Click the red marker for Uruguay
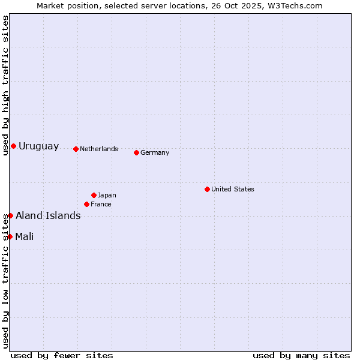(x=13, y=146)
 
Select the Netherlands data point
(x=76, y=149)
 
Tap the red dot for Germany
(x=136, y=152)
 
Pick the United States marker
(x=207, y=189)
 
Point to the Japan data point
(x=94, y=195)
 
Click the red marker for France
(x=86, y=204)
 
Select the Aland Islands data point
(x=10, y=215)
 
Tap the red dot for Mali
(x=10, y=236)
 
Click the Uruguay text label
(x=39, y=146)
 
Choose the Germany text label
(x=155, y=152)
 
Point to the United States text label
(x=233, y=189)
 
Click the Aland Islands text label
(x=48, y=216)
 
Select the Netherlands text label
(x=99, y=149)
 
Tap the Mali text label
(x=25, y=236)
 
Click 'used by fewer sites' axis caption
(x=62, y=355)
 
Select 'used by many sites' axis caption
(x=301, y=355)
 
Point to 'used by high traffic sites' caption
(x=5, y=85)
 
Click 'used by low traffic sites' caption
(x=5, y=281)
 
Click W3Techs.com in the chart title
(x=295, y=6)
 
